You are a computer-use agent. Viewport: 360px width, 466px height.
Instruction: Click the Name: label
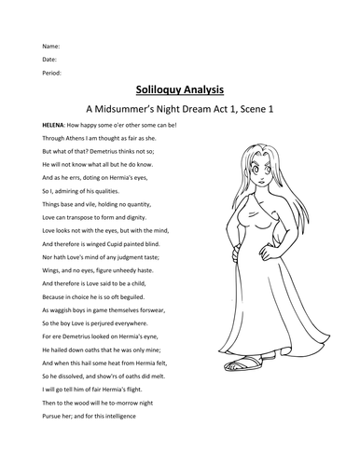50,46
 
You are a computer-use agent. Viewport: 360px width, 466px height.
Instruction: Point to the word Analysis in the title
207,95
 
